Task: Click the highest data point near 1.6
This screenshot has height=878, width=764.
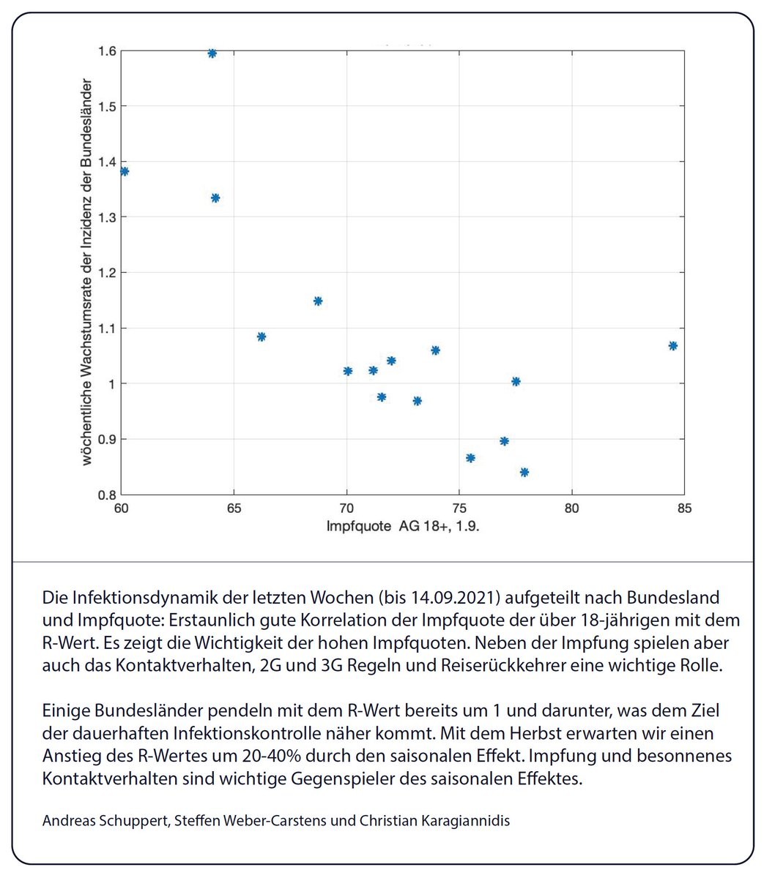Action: [x=212, y=53]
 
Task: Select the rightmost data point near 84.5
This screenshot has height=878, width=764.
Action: [x=672, y=345]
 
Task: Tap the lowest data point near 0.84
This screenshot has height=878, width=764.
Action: [x=524, y=472]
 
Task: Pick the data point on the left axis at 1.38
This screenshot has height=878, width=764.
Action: [x=125, y=171]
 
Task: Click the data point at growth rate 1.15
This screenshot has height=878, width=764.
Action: [x=318, y=301]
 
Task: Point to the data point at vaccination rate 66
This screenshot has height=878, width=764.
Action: [x=262, y=337]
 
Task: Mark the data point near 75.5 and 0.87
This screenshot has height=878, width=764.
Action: [x=470, y=458]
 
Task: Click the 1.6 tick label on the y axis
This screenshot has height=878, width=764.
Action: [x=107, y=51]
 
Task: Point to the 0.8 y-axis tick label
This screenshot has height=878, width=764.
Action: [x=107, y=495]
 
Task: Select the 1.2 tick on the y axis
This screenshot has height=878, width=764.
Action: [x=107, y=273]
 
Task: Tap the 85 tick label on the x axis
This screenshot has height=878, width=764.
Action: [x=684, y=508]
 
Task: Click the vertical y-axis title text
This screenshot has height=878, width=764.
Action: [x=86, y=271]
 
